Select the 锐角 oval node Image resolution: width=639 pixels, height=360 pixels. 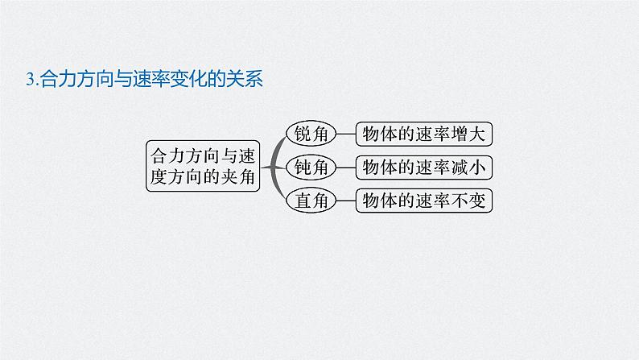[311, 134]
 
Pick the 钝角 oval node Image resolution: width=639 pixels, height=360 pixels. [311, 167]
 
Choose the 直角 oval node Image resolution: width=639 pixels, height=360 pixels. [311, 201]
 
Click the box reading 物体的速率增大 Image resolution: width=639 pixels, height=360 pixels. [424, 134]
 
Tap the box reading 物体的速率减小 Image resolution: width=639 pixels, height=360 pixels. [424, 167]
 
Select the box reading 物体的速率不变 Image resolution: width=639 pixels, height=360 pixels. [424, 201]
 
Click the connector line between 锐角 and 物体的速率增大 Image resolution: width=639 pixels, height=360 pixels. [344, 134]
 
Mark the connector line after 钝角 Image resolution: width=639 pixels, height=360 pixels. [344, 167]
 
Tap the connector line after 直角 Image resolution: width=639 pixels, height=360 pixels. [344, 201]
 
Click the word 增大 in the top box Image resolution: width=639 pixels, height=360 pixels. [470, 134]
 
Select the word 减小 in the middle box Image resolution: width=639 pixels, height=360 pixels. [470, 167]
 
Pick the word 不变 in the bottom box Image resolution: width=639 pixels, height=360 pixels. [470, 201]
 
